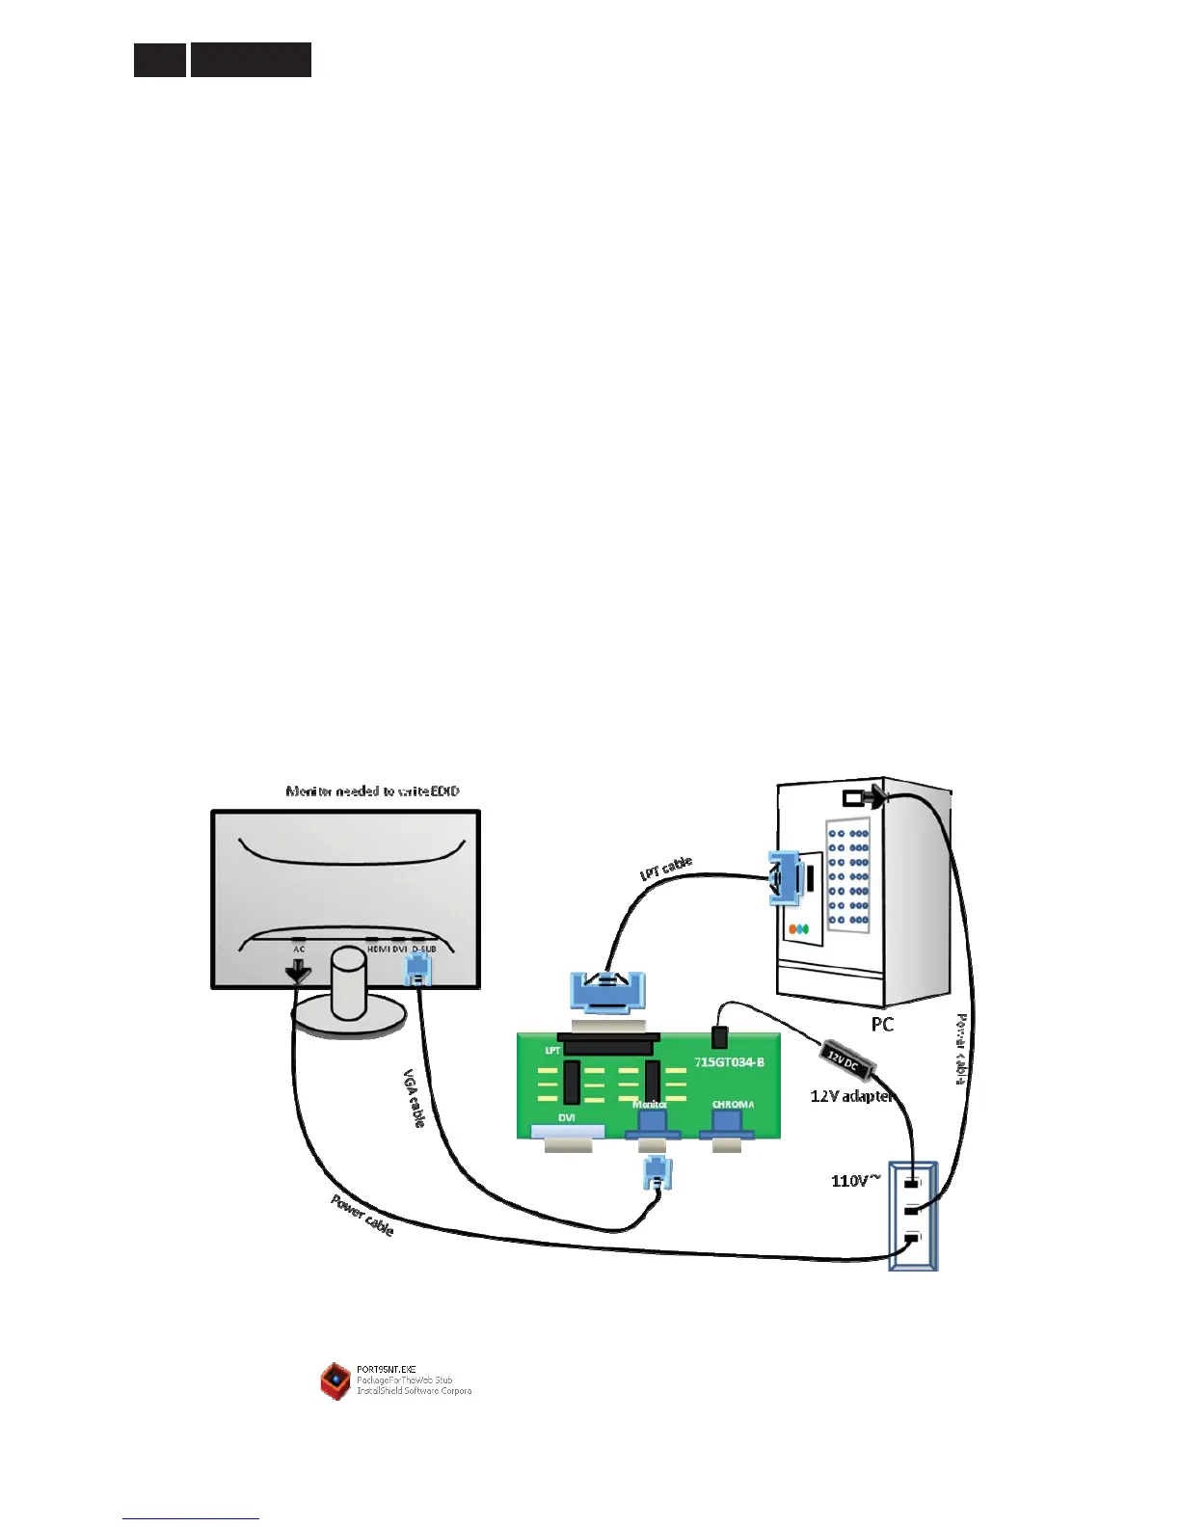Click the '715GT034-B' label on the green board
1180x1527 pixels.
(729, 1062)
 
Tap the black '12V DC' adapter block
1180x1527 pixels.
(847, 1063)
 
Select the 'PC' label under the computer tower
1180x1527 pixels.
(882, 1025)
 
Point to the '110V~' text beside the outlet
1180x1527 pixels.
(855, 1180)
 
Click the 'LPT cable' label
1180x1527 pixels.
(666, 868)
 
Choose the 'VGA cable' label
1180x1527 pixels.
(415, 1098)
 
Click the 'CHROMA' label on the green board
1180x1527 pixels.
(733, 1105)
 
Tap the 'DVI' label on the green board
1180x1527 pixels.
(567, 1117)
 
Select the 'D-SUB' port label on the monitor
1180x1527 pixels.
(424, 950)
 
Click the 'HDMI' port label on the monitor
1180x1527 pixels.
(378, 950)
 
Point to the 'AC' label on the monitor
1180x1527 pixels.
(299, 950)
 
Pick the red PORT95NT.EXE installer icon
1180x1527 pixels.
(335, 1380)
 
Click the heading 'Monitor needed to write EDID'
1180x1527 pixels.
(372, 791)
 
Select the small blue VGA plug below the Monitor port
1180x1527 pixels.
(657, 1173)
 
